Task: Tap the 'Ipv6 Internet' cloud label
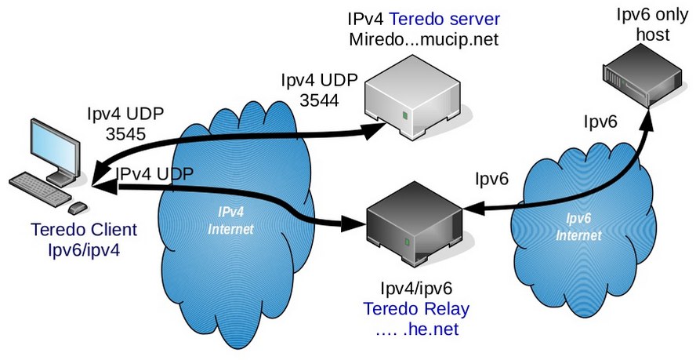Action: [578, 227]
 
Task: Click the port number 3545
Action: [125, 133]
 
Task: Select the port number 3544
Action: [321, 100]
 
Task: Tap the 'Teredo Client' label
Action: [84, 231]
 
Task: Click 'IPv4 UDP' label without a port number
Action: [154, 173]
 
